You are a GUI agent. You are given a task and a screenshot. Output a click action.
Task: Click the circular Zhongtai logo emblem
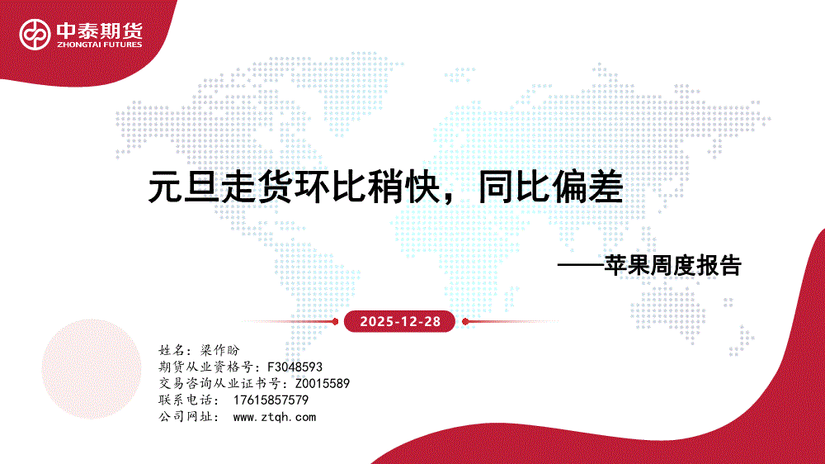pos(35,35)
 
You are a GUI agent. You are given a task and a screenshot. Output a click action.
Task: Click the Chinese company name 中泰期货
pos(100,31)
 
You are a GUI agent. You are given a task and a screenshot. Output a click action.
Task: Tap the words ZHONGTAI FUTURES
pos(100,45)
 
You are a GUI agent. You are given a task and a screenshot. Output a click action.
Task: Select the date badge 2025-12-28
pos(399,321)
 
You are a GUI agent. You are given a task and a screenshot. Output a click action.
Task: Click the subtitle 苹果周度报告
pos(672,266)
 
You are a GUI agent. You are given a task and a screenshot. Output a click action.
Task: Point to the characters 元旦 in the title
pos(184,187)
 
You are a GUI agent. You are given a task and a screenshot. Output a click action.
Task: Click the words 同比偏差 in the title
pos(550,187)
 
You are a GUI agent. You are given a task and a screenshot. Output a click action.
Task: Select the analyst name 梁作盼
pos(220,350)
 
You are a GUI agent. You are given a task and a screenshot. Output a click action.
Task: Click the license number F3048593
pos(295,367)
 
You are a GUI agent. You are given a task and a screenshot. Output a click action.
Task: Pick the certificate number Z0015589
pos(323,383)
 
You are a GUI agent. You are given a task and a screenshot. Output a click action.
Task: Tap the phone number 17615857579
pos(271,400)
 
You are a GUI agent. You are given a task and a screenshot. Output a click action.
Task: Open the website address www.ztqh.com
pos(274,417)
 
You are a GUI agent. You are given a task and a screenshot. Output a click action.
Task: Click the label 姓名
pos(172,350)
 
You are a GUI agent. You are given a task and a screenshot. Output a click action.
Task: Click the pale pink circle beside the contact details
pos(92,369)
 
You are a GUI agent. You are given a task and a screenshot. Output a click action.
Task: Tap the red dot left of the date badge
pos(335,321)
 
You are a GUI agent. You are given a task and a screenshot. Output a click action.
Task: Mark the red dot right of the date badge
pos(465,321)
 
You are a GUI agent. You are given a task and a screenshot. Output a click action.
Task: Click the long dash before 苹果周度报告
pos(580,266)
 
